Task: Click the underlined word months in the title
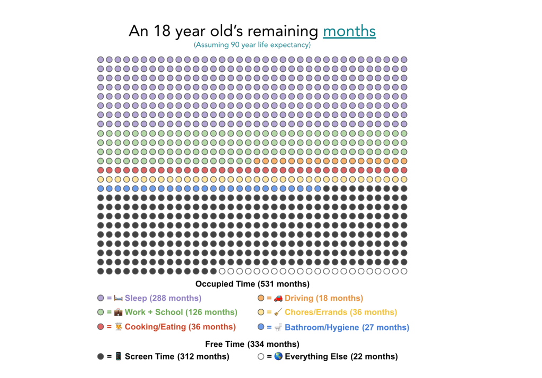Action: (349, 31)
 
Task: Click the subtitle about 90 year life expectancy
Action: (252, 45)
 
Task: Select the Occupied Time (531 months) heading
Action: (252, 284)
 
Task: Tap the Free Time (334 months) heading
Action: (252, 344)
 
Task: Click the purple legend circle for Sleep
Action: (101, 298)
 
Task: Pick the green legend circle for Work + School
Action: (101, 312)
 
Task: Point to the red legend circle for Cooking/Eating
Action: (101, 327)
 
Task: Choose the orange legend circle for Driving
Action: (261, 298)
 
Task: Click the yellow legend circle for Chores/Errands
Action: (261, 312)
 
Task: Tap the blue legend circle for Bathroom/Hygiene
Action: (261, 327)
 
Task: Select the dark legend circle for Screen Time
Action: (101, 356)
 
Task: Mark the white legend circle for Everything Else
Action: (261, 356)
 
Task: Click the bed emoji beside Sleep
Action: (118, 298)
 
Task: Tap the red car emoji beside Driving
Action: (278, 298)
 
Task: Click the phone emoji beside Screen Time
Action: (118, 356)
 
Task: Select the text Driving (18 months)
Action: (324, 298)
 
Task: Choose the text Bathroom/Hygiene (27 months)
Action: (347, 327)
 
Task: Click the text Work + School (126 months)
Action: (181, 312)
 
